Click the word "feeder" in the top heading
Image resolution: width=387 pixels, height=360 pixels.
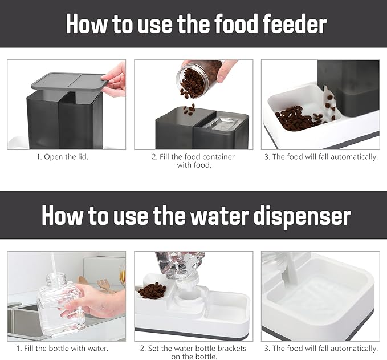tap(295, 24)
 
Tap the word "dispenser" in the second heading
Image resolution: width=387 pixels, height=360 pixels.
tap(302, 216)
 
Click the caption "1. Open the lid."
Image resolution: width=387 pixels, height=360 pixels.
tap(63, 157)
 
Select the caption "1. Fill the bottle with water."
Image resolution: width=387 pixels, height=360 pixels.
tap(63, 349)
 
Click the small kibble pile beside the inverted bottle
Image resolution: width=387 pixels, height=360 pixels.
tap(152, 290)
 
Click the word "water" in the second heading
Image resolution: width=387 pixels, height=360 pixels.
tap(219, 216)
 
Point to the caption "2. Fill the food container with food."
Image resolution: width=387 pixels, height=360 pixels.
tap(194, 161)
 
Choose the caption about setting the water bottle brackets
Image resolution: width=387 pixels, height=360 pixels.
tap(193, 353)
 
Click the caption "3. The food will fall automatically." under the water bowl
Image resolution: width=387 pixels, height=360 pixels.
tap(321, 349)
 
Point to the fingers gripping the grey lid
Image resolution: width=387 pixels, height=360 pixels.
tap(114, 79)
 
